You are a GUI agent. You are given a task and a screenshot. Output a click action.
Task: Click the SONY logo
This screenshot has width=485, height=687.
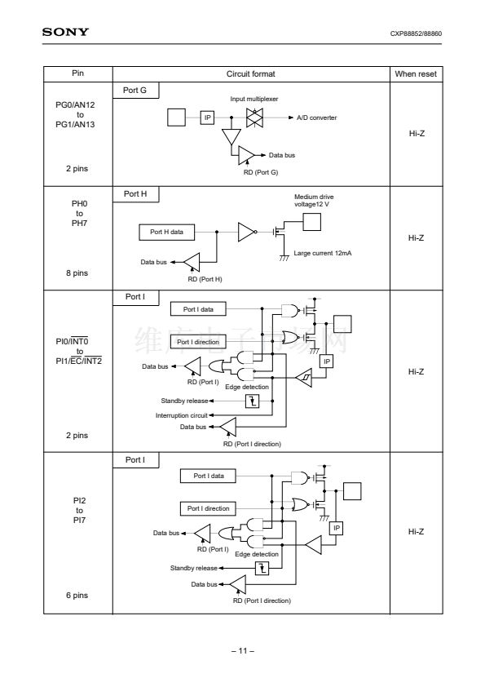pos(65,32)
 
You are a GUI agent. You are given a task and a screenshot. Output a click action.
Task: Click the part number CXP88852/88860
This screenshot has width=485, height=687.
pos(416,33)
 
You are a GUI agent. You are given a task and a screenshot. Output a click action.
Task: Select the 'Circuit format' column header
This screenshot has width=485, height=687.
pos(251,74)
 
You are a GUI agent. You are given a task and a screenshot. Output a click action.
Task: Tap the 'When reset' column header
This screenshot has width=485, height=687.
pos(416,74)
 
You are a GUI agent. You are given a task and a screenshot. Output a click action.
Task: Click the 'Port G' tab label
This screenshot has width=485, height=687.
pos(134,91)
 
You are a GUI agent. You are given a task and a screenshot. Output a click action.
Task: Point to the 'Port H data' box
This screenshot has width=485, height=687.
pos(167,232)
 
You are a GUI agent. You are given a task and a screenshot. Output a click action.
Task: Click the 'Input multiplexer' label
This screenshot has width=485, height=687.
pos(254,99)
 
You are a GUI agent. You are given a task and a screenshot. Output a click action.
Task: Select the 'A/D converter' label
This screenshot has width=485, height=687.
pos(317,117)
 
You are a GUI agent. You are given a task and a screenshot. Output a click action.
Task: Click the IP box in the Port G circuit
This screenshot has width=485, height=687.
pos(208,117)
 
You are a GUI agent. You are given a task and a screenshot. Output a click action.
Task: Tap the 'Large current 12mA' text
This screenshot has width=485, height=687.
pos(323,253)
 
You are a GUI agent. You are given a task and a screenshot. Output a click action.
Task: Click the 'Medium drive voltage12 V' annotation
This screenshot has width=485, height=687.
pos(314,201)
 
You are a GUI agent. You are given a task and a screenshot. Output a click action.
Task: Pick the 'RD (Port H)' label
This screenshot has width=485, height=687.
pos(205,279)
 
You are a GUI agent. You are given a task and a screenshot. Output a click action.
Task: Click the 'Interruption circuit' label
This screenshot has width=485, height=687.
pos(182,415)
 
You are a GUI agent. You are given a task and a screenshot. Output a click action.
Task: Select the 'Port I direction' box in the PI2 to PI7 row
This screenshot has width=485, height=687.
pos(209,508)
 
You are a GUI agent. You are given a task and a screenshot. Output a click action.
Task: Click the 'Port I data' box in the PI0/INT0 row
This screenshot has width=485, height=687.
pos(198,309)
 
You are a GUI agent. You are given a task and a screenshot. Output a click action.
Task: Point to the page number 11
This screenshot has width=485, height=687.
pos(243,650)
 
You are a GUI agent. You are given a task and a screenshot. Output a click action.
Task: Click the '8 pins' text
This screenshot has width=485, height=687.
pos(77,273)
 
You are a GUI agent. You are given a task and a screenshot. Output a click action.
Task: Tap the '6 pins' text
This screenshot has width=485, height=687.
pos(77,595)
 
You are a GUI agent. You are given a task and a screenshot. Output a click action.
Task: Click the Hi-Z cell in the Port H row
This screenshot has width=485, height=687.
pos(416,238)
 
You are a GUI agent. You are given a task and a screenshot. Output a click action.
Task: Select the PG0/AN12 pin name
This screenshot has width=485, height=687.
pos(75,104)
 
